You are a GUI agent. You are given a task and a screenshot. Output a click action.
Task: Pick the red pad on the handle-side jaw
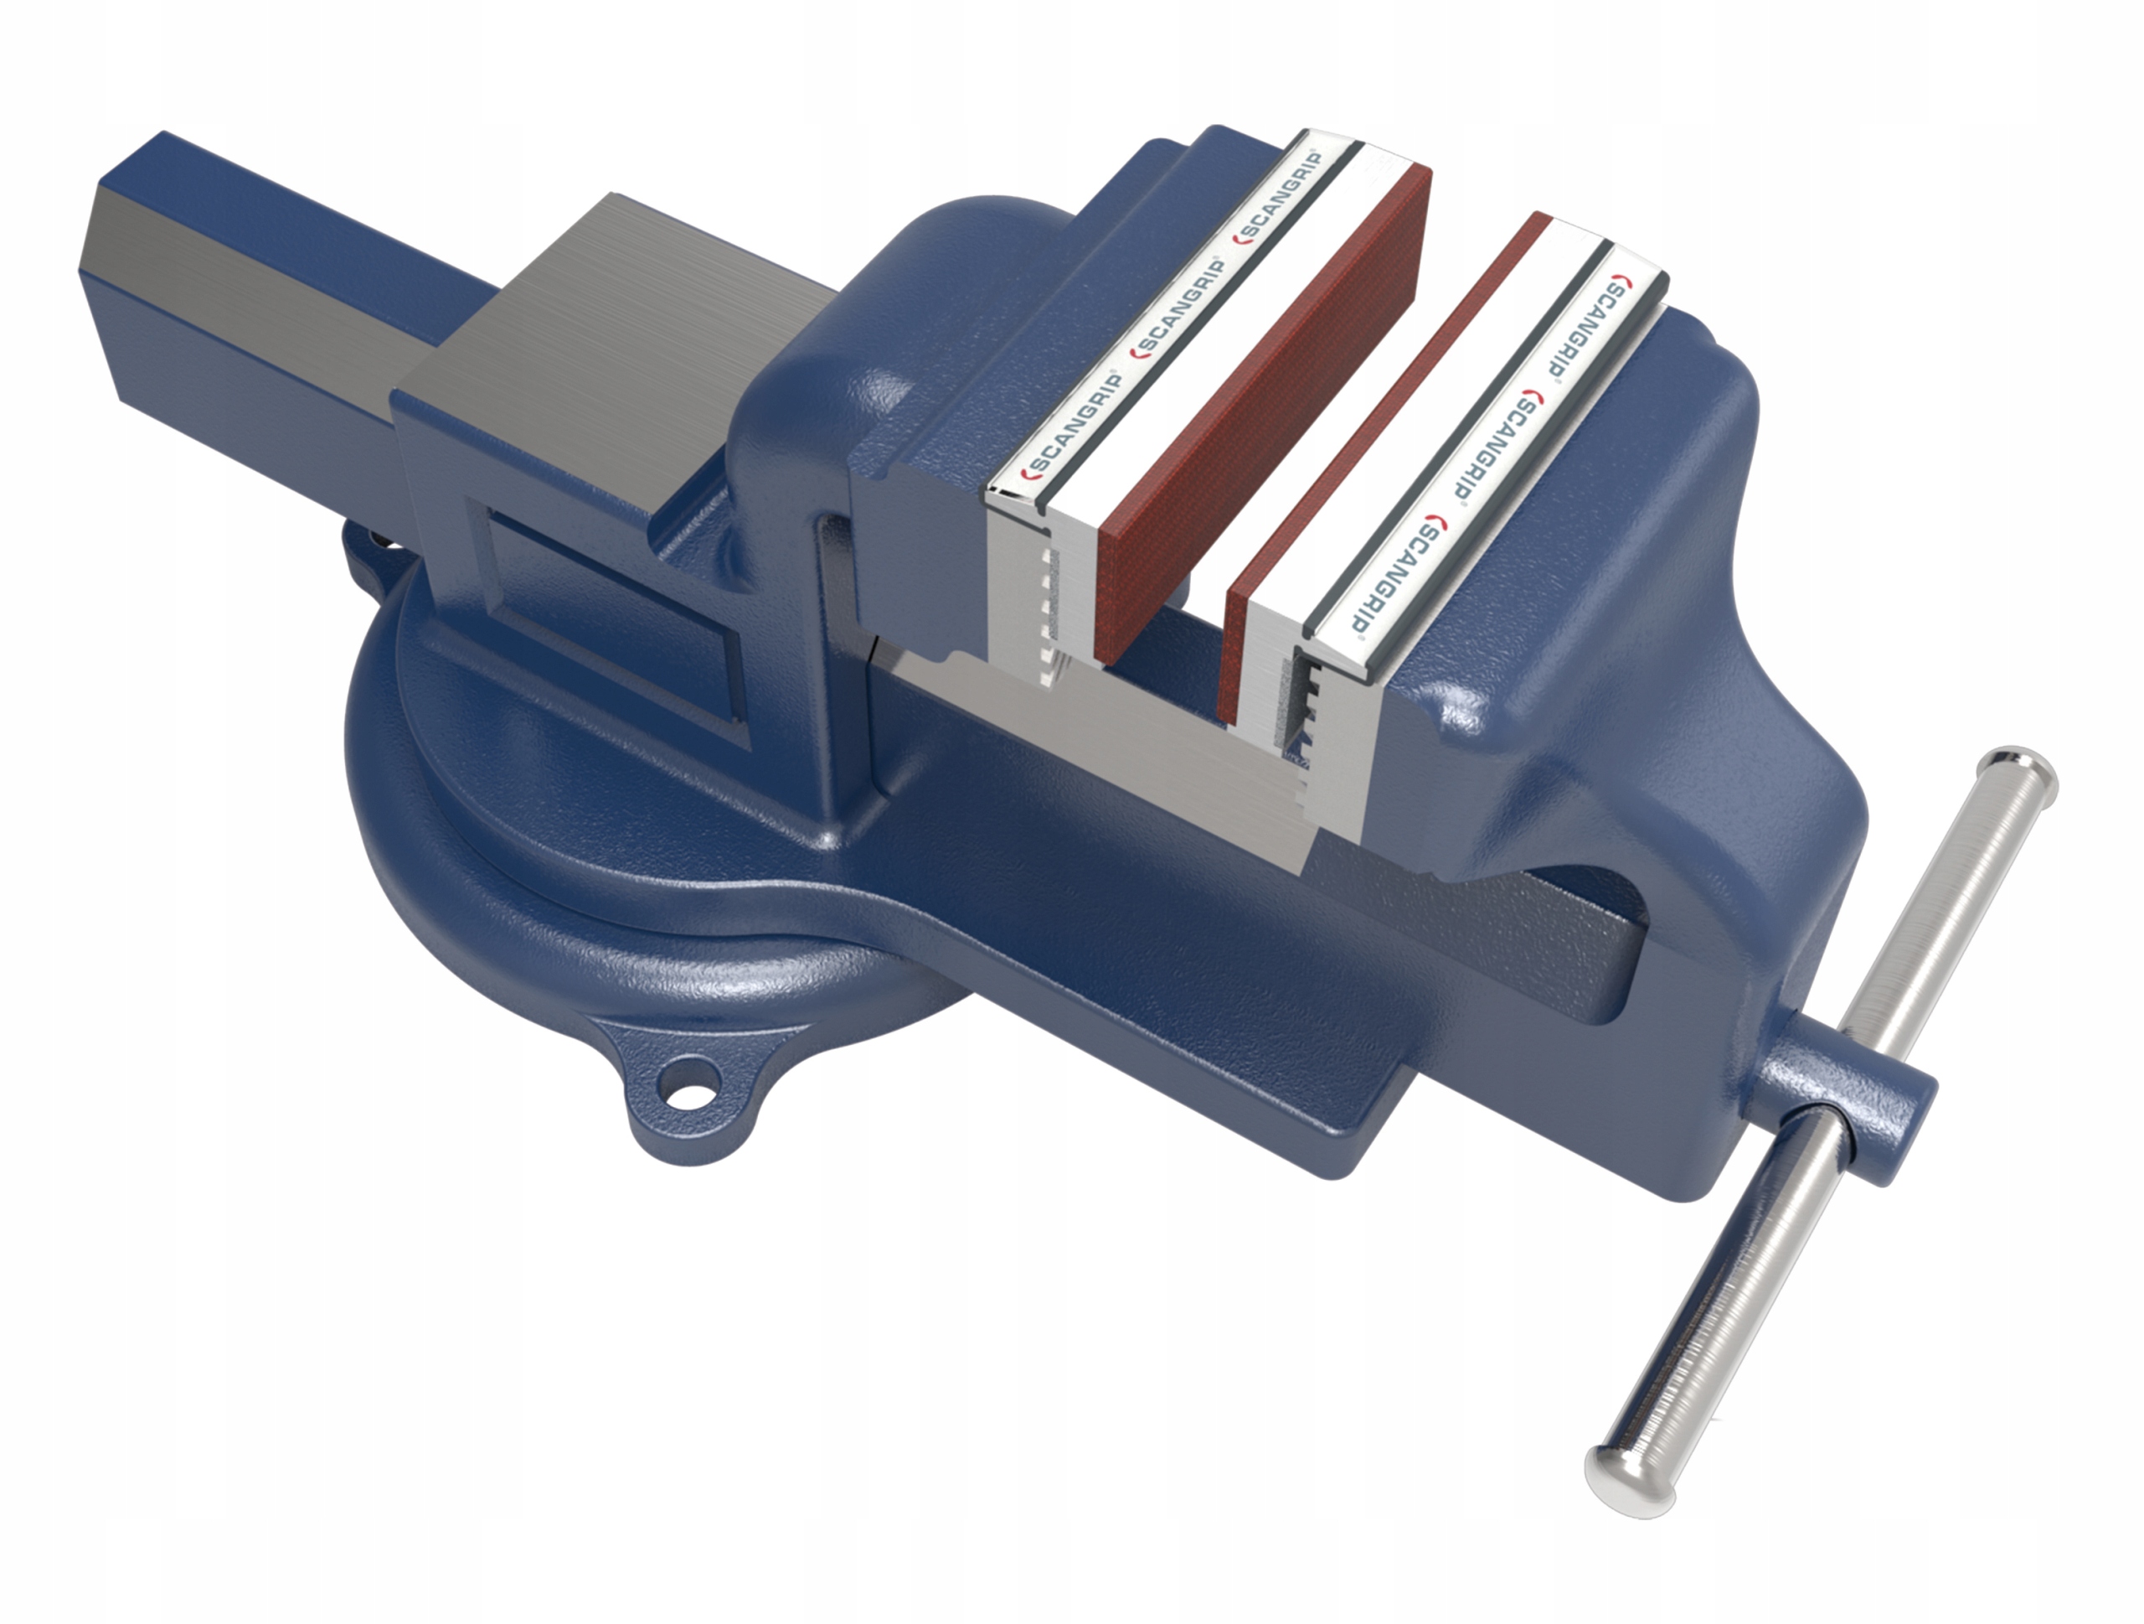(x=1376, y=465)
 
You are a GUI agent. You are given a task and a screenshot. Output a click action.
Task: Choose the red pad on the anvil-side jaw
(x=1260, y=417)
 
